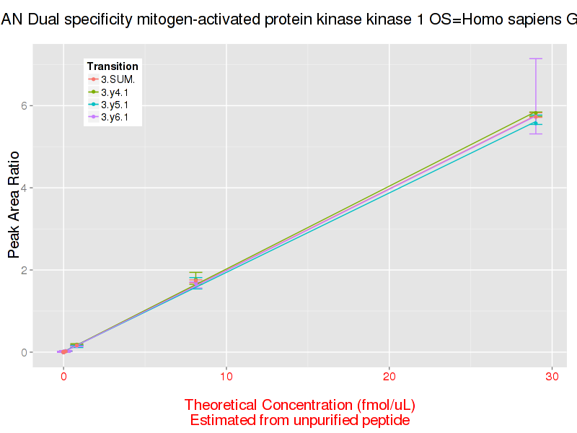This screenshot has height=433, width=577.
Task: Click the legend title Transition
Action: point(113,66)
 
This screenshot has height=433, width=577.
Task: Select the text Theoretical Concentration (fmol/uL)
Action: point(300,405)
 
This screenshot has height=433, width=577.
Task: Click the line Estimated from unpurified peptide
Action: point(300,420)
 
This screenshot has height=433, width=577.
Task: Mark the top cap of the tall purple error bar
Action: point(535,58)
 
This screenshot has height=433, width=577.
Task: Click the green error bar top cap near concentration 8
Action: point(195,273)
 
